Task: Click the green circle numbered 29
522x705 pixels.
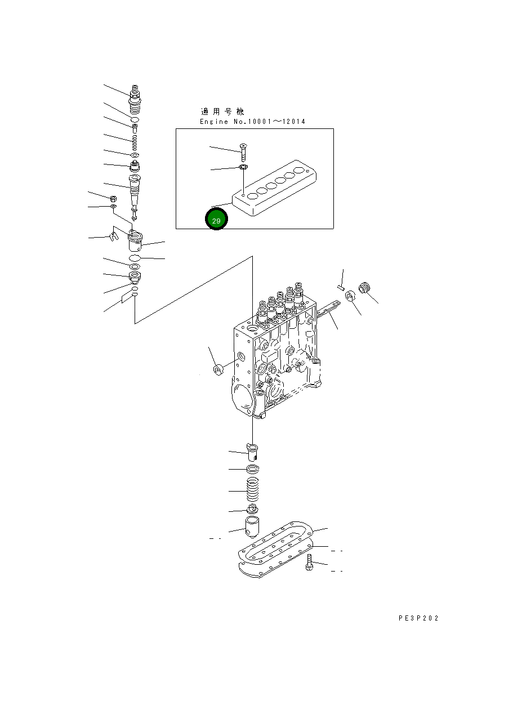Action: (216, 220)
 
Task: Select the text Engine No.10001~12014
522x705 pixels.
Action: (252, 122)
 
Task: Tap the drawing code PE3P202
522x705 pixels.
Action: (418, 618)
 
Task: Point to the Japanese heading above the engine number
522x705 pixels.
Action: (223, 111)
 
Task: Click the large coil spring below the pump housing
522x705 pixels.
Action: (253, 490)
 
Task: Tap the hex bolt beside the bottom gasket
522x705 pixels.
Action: (309, 563)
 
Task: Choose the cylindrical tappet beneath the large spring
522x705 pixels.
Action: (252, 526)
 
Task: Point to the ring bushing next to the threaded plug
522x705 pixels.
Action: (350, 295)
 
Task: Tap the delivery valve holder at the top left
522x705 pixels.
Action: (135, 99)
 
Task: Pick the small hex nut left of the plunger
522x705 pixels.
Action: (112, 199)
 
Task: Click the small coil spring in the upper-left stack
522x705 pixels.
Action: (135, 141)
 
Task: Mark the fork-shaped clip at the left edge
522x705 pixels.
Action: (113, 237)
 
